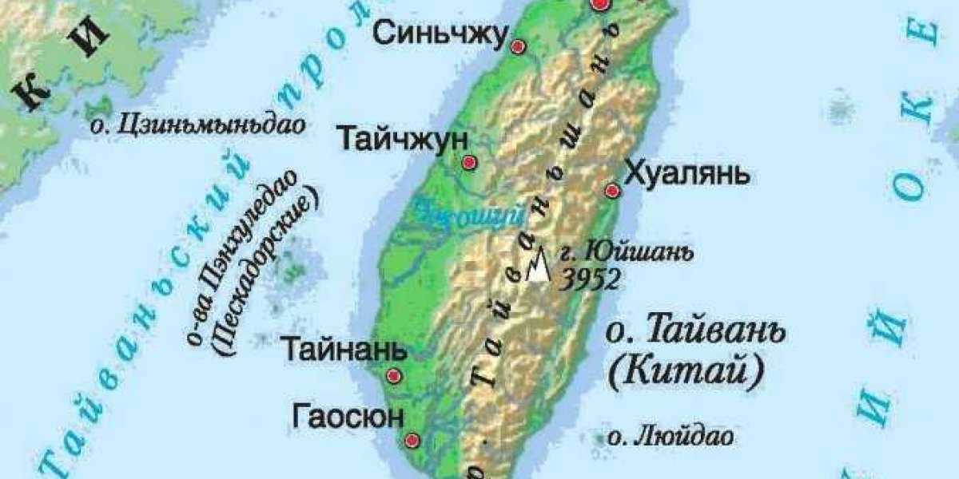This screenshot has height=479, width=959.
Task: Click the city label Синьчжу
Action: click(x=440, y=34)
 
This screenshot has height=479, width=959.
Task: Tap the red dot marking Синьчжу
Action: click(x=519, y=47)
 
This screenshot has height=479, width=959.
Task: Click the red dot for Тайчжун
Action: click(x=470, y=163)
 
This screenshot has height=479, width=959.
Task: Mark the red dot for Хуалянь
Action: click(x=613, y=191)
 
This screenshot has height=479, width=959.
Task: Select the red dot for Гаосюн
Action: click(x=412, y=440)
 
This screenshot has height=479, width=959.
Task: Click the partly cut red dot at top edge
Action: click(x=601, y=4)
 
